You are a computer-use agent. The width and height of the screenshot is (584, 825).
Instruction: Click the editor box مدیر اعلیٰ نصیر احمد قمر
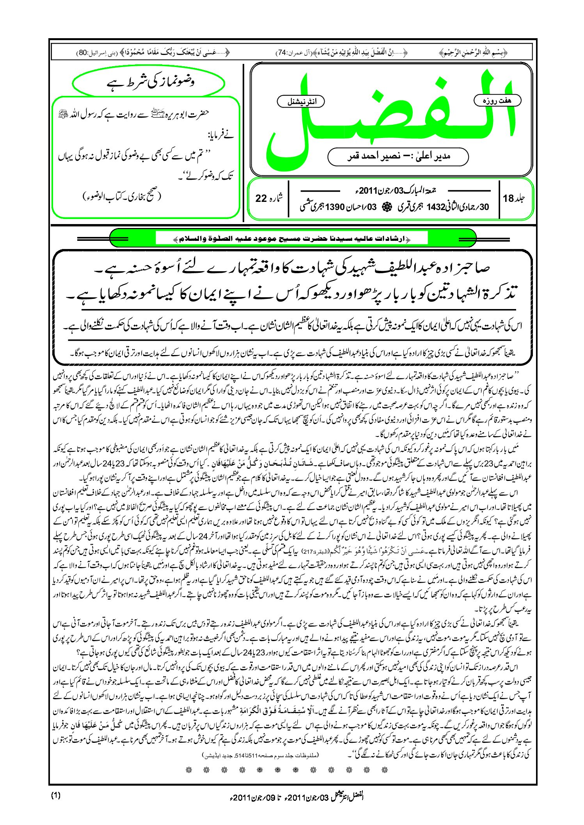pyautogui.click(x=398, y=156)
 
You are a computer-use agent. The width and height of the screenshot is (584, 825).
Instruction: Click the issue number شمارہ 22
pyautogui.click(x=269, y=198)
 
